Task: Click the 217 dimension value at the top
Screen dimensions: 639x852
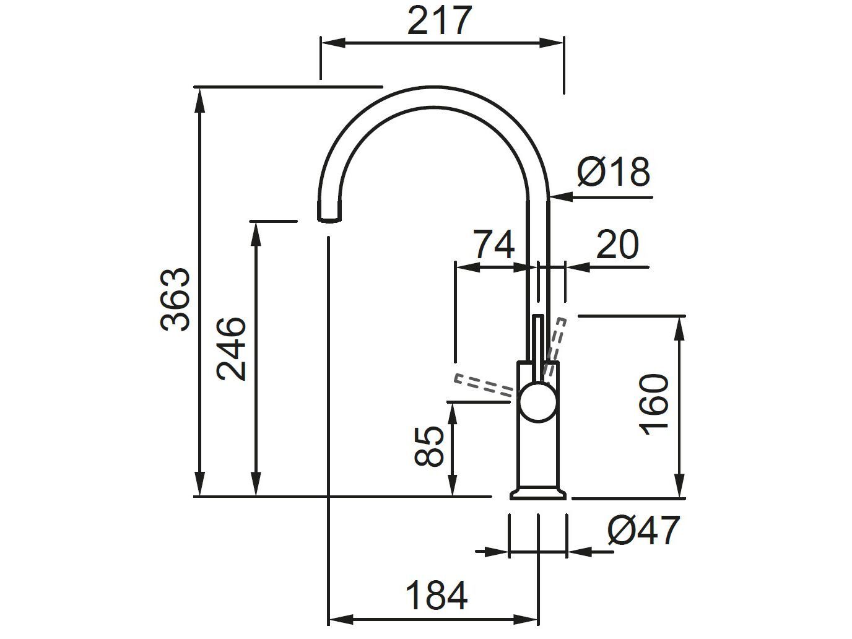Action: point(440,21)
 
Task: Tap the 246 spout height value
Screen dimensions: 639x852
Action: point(232,349)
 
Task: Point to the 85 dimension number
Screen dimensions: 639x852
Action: point(430,446)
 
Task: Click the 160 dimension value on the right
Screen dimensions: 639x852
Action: point(656,404)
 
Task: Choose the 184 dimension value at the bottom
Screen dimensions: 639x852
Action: point(436,596)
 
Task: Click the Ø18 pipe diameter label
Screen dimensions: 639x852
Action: point(613,172)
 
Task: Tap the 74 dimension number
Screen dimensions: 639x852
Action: point(493,245)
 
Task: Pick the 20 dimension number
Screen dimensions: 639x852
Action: point(617,245)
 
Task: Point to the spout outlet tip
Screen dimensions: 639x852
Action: point(329,217)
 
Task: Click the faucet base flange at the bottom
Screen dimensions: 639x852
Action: point(537,493)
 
